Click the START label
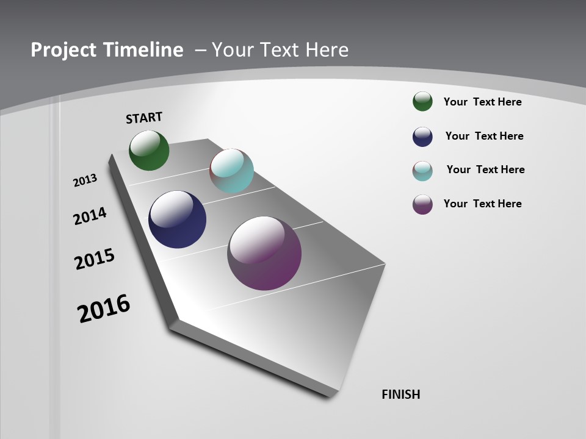click(x=144, y=118)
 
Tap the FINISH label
click(x=401, y=394)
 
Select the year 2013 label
click(x=85, y=180)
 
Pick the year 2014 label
click(x=90, y=216)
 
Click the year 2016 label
click(x=104, y=309)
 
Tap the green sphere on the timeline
click(x=149, y=150)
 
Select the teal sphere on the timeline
click(x=231, y=171)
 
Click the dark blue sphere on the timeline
click(x=177, y=220)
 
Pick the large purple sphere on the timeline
click(x=264, y=252)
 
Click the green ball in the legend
click(x=422, y=101)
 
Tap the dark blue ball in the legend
click(x=422, y=137)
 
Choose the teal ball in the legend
click(x=422, y=171)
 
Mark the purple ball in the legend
click(x=422, y=204)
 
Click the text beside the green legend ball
click(x=482, y=102)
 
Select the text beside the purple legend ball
click(x=482, y=204)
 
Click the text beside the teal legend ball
click(x=485, y=170)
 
